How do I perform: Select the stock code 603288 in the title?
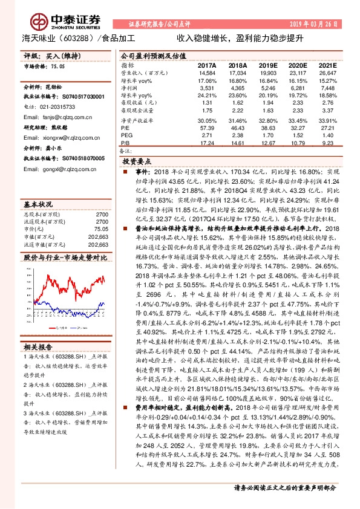(x=85, y=37)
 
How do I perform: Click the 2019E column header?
(x=267, y=65)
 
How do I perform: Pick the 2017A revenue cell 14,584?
(x=207, y=73)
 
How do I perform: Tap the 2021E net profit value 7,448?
(x=326, y=88)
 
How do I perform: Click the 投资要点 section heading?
(x=136, y=162)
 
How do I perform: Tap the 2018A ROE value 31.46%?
(x=237, y=121)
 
